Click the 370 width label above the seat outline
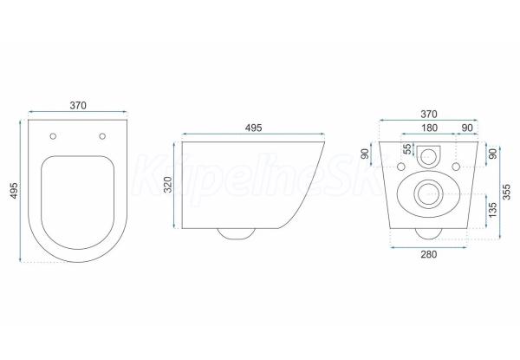tap(78, 105)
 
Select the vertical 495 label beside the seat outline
tap(14, 191)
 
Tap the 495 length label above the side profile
tap(253, 128)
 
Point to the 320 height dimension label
tap(168, 185)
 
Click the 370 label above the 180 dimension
tap(429, 114)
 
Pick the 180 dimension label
tap(429, 128)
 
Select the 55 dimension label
tap(408, 149)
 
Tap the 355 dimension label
tap(506, 192)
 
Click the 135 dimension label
tap(492, 210)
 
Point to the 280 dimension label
tap(429, 254)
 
